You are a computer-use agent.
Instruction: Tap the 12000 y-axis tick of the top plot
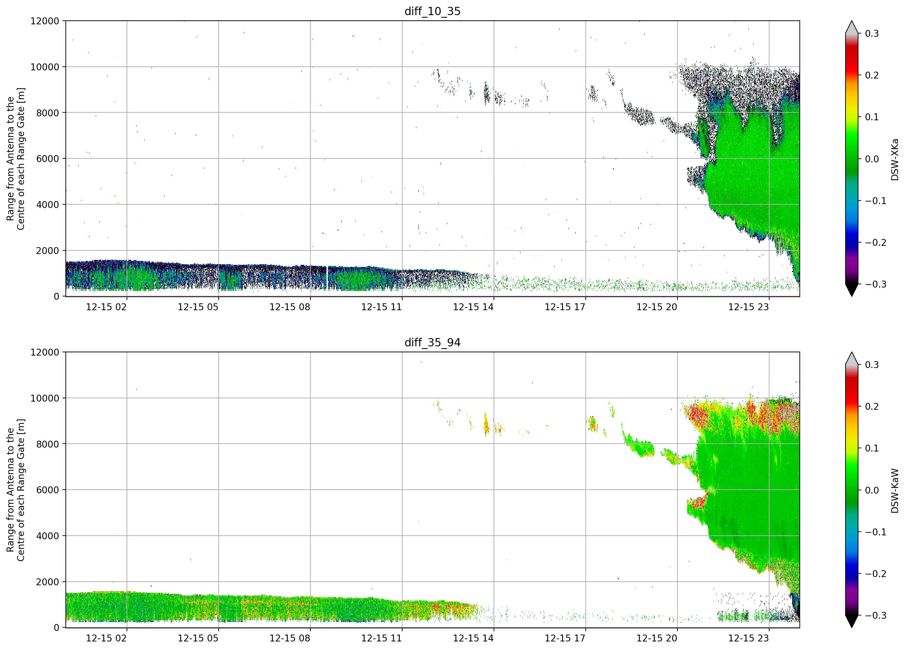coord(45,21)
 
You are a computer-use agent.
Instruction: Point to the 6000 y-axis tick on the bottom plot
coord(48,490)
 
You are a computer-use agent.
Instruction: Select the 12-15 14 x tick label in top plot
coord(473,307)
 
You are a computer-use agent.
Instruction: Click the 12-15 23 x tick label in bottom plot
coord(748,638)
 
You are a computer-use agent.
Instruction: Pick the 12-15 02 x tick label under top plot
coord(106,307)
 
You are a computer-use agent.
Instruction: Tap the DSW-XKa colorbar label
coord(894,159)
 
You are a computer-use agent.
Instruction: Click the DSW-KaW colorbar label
coord(894,491)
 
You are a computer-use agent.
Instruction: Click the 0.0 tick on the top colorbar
coord(872,159)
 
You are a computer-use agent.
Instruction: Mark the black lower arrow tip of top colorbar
coord(852,296)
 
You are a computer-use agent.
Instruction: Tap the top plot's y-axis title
coord(15,159)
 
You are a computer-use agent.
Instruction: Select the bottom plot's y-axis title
coord(15,490)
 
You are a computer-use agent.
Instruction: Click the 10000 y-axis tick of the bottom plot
coord(45,398)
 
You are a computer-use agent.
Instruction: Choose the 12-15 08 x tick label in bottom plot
coord(290,638)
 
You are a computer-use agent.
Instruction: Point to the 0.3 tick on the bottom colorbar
coord(872,365)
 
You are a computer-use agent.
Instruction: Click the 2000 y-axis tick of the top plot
coord(48,251)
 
